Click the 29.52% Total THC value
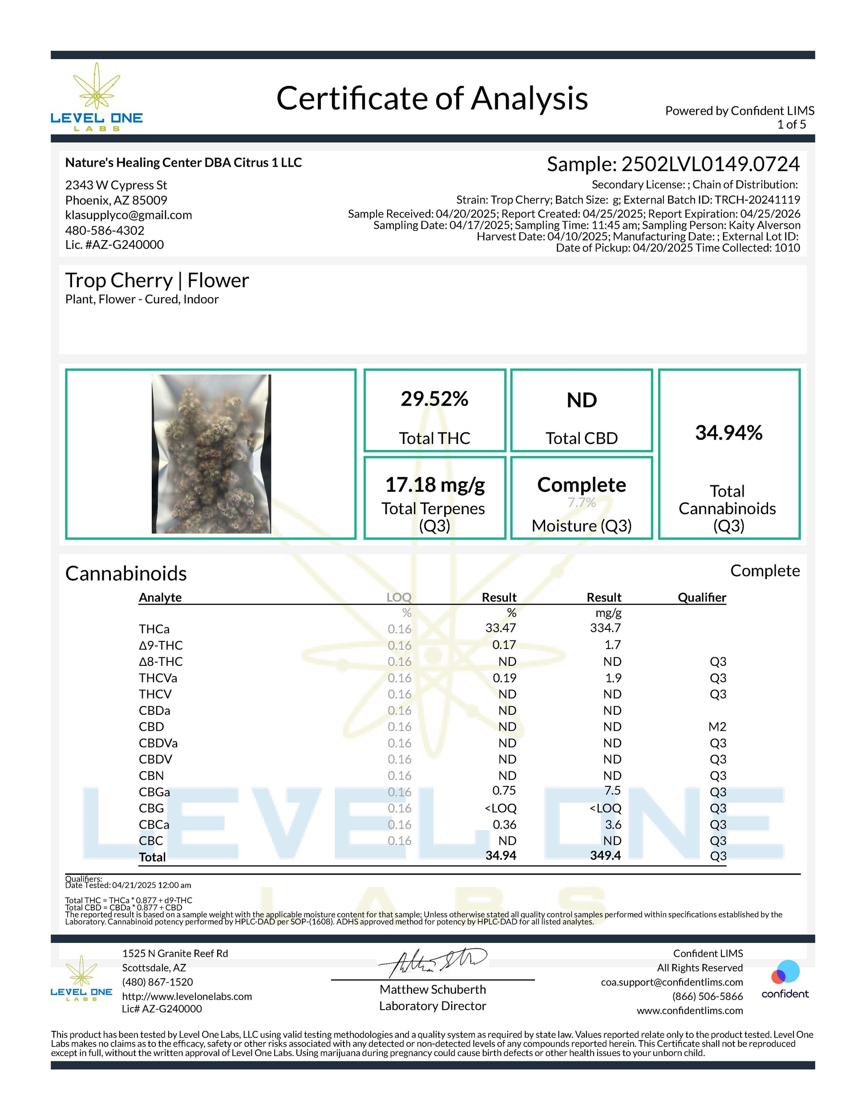pos(434,399)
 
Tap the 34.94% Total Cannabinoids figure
pos(728,433)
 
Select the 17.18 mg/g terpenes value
pos(434,485)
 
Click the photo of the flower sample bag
pos(211,454)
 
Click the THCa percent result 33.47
pos(500,628)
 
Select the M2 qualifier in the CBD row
pos(718,727)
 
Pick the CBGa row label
pos(154,792)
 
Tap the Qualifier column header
pos(701,597)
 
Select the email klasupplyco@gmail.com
pos(128,215)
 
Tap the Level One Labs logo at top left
pos(97,97)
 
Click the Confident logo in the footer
pos(785,979)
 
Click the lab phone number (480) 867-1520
pos(158,982)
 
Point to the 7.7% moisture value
pos(581,503)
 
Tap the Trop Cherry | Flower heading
pos(157,281)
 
